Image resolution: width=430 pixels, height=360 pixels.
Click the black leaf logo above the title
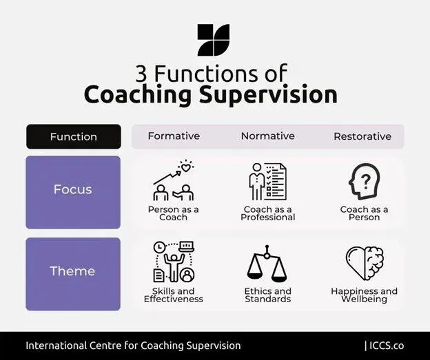tap(213, 40)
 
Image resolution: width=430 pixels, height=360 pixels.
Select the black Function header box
tap(73, 136)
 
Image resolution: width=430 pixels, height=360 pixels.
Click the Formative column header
tap(174, 136)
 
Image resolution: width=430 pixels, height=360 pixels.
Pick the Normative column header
tap(268, 136)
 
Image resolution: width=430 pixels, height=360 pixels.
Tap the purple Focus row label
tap(73, 189)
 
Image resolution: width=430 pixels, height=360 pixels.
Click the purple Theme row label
tap(73, 271)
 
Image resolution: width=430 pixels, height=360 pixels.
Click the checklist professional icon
tap(267, 182)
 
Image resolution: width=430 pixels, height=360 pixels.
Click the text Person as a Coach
tap(174, 213)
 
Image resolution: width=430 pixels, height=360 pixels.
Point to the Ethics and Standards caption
tap(267, 295)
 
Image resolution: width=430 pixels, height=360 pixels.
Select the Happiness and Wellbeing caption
tap(364, 295)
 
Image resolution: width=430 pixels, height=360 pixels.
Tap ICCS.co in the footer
tap(387, 346)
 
